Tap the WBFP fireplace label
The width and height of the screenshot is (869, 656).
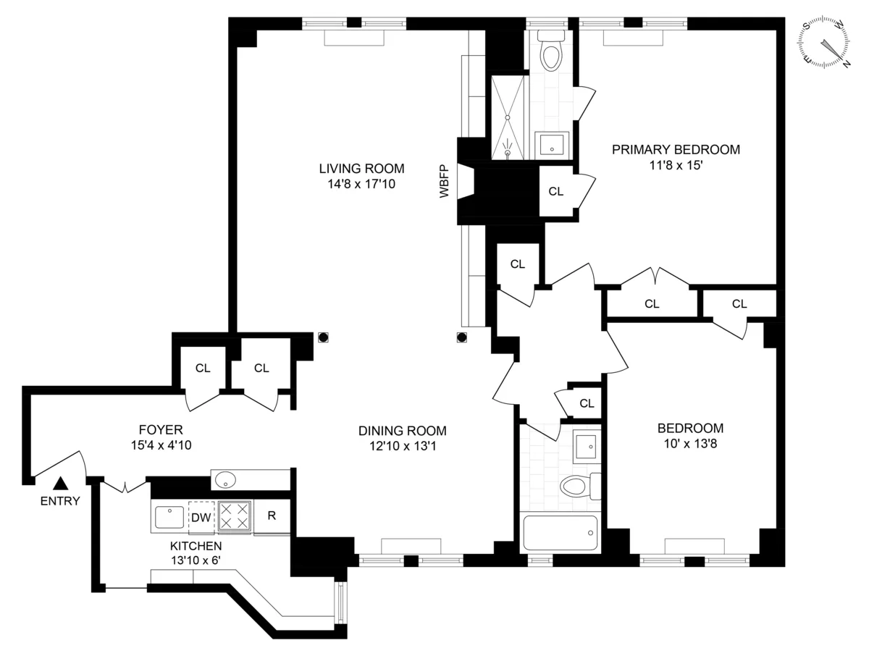tap(444, 182)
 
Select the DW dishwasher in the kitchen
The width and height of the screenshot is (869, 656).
tap(201, 517)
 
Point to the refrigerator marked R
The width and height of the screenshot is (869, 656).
tap(271, 517)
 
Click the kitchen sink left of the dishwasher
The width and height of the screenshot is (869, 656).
tap(169, 517)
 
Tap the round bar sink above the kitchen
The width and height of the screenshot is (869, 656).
tap(227, 479)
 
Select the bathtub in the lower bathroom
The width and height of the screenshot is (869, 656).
tap(560, 534)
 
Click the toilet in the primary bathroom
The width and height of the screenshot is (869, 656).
tap(551, 51)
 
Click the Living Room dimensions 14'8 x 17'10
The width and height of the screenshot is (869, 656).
tap(361, 185)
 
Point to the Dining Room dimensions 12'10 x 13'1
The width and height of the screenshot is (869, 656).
tap(402, 446)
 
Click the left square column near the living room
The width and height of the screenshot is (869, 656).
tap(323, 337)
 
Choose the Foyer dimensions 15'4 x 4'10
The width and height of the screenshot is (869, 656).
tap(161, 445)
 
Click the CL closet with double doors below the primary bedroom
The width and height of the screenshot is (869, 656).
tap(652, 304)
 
